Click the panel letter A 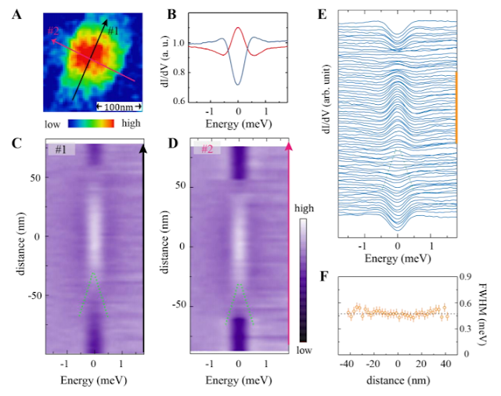pyautogui.click(x=16, y=13)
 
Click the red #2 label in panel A pyautogui.click(x=56, y=31)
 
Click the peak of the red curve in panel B pyautogui.click(x=239, y=28)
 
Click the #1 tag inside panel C pyautogui.click(x=60, y=149)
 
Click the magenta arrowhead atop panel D pyautogui.click(x=289, y=146)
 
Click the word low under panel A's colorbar pyautogui.click(x=53, y=124)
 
